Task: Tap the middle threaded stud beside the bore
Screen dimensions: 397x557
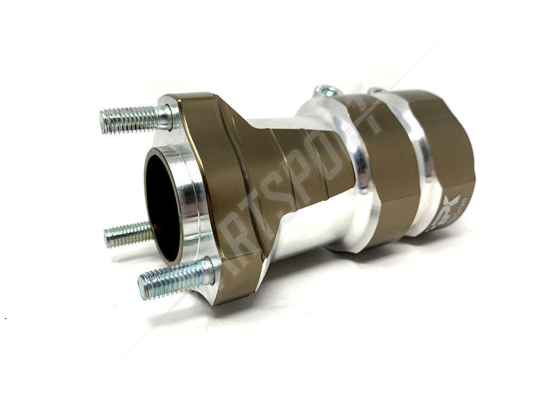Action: click(x=128, y=235)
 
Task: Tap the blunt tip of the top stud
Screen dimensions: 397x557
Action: click(x=103, y=121)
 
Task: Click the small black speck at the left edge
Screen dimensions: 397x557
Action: click(x=4, y=318)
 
